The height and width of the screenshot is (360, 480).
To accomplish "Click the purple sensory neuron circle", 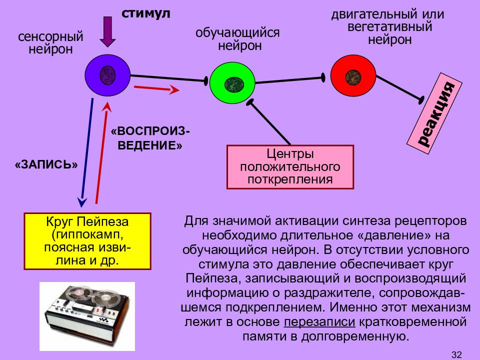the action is [107, 75].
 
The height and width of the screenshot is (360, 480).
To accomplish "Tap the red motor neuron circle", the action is [353, 76].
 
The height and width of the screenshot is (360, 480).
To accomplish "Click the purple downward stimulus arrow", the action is [107, 32].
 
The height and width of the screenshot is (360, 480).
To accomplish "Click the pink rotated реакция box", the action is [434, 113].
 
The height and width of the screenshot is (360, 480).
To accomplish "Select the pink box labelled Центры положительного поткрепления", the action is [290, 167].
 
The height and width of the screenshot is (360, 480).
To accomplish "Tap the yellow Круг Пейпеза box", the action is [87, 241].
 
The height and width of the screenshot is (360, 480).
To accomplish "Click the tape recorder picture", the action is [87, 316].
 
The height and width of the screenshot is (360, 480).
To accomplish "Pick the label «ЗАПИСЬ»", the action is [46, 164].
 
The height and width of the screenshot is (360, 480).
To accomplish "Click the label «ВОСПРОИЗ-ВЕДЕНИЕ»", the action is [150, 138].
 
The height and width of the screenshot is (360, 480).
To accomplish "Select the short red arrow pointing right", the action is [156, 88].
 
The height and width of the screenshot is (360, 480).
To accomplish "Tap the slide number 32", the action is [456, 354].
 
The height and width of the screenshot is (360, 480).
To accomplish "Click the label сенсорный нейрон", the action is [50, 42].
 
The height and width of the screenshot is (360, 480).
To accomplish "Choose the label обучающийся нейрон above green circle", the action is [237, 39].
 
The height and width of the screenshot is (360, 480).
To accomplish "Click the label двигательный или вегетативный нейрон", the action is [388, 26].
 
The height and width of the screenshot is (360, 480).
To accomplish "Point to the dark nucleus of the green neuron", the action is [234, 84].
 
